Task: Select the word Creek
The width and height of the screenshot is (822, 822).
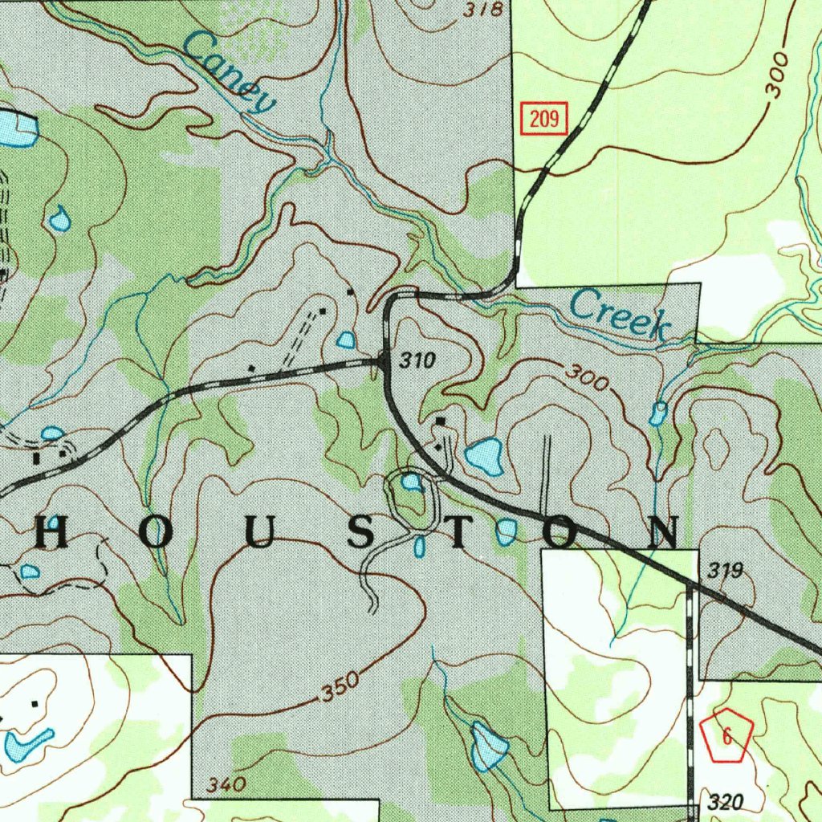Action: pos(620,314)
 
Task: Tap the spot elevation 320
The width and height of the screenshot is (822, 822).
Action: pos(726,802)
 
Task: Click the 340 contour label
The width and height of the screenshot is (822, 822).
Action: pos(226,783)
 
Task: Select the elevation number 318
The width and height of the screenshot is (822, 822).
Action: pos(483,10)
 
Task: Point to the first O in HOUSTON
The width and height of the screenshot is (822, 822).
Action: pos(157,534)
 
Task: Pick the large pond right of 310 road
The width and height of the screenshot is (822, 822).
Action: pos(485,456)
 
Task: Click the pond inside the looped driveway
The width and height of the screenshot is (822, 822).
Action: pos(412,482)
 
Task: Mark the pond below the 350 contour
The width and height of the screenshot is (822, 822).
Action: pos(489,747)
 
